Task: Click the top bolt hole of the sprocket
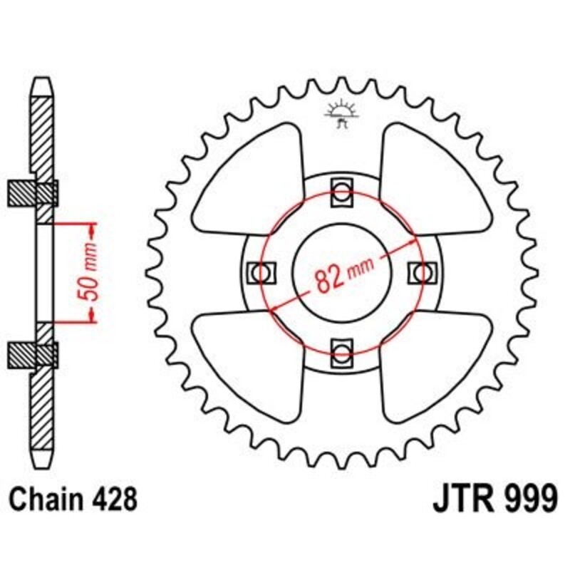pos(341,192)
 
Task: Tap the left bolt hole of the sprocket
pos(261,272)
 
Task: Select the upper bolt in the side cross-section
pos(42,193)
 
